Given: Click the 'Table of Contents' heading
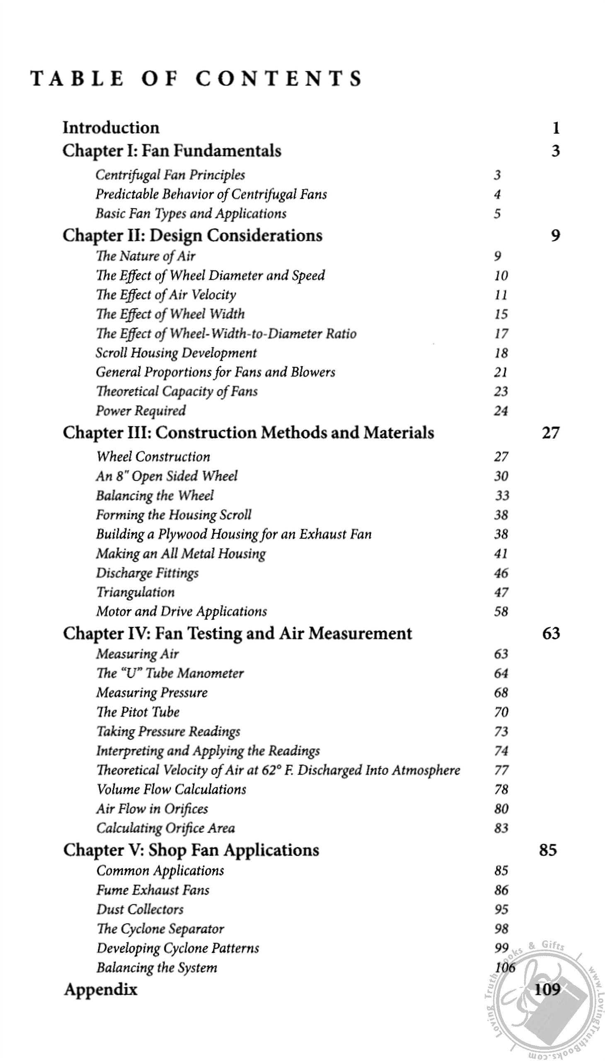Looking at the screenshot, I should point(196,79).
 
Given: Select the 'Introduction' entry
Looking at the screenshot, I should point(111,128).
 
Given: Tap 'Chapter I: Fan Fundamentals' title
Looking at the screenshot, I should point(172,150).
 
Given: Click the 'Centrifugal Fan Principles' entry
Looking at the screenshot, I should point(170,175).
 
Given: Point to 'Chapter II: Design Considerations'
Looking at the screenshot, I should point(192,235).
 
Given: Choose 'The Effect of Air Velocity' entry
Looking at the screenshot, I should point(166,295).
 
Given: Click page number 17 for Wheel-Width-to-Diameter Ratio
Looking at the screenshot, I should point(501,334).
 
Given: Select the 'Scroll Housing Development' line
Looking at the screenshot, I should point(176,353).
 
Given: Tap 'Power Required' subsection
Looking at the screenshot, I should point(141,411).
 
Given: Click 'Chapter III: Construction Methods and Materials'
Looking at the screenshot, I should point(248,433).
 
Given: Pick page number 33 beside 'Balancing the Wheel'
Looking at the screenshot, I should point(502,495).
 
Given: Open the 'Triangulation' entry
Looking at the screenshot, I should point(136,592).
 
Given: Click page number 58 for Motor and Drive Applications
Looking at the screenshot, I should point(501,612).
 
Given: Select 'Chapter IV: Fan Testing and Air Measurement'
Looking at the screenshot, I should point(237,633).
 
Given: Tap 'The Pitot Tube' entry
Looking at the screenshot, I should point(138,712).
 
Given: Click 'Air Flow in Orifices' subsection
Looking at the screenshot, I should point(152,809).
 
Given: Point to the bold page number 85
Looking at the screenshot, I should point(547,850).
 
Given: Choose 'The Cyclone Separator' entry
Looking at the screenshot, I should point(160,928).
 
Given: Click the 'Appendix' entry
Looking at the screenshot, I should point(101,990).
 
